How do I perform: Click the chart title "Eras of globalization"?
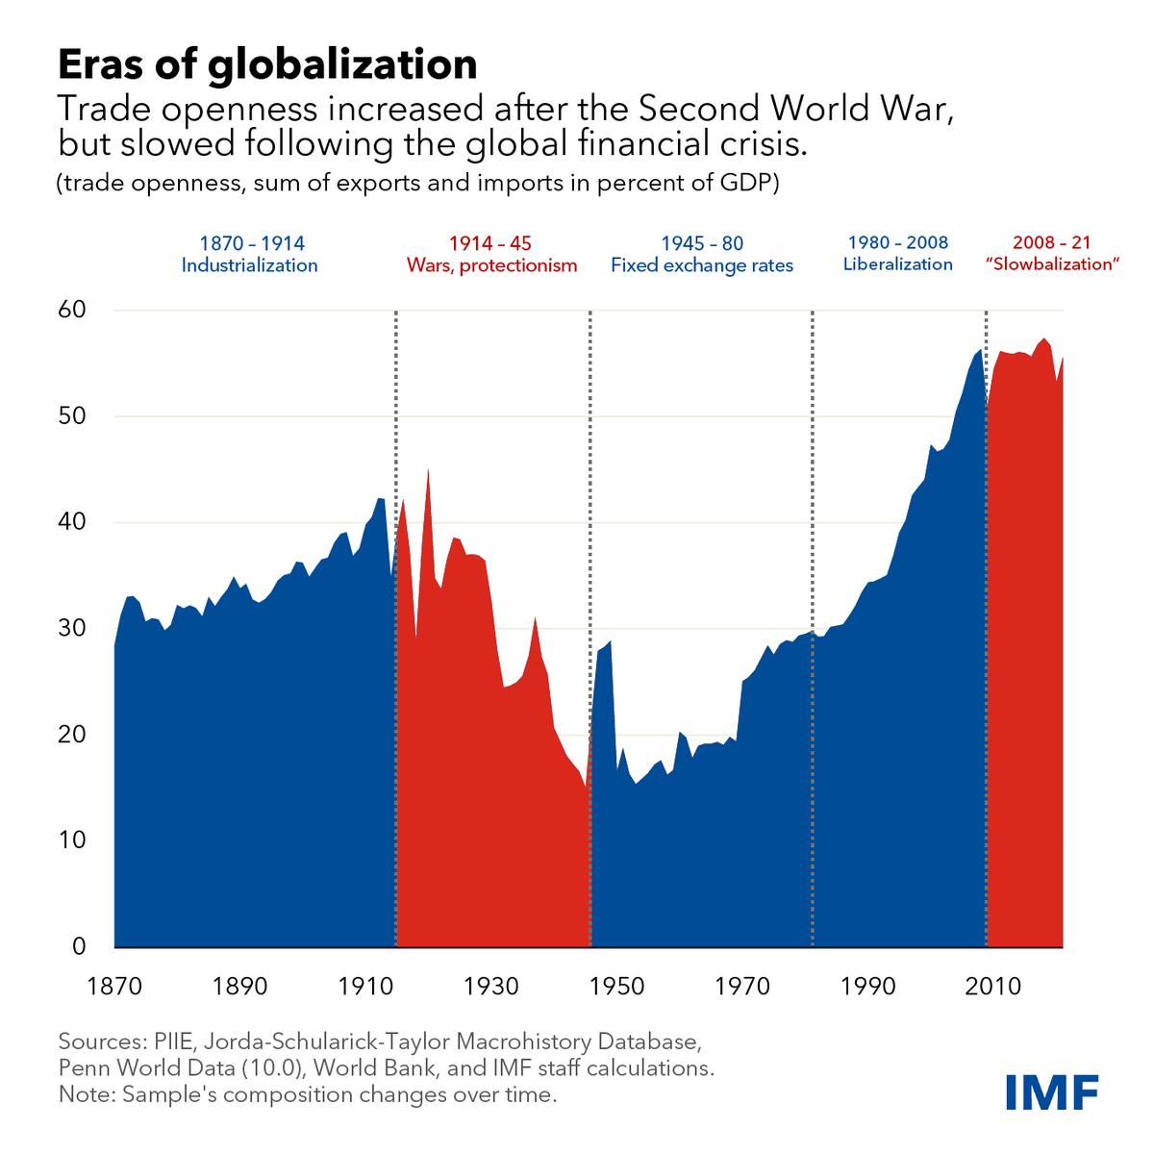pos(267,64)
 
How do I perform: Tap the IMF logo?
pos(1052,1091)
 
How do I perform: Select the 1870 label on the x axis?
pos(114,987)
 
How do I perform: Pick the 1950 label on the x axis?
pos(616,987)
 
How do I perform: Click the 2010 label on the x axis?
pos(993,987)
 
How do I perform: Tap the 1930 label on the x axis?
pos(491,987)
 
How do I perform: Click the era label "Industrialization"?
pos(249,265)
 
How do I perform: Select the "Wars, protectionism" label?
pos(491,265)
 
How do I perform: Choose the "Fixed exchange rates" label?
pos(702,265)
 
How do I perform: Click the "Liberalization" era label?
pos(897,264)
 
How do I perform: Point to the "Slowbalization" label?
pos(1052,264)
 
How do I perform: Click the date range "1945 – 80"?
pos(702,243)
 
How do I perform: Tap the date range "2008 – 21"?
pos(1052,243)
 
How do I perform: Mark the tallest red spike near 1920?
pos(427,471)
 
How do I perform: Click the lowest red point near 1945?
pos(586,787)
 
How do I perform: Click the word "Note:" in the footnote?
pos(83,1094)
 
